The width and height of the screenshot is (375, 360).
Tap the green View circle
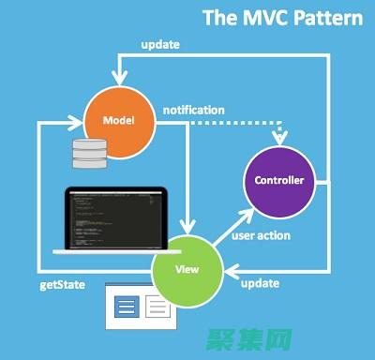coord(188,268)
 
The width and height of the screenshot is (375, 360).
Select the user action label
coord(261,235)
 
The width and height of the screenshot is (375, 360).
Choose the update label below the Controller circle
coord(260,283)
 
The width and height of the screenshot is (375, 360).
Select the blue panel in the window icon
coord(127,305)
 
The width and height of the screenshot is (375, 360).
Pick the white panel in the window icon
coord(157,305)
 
